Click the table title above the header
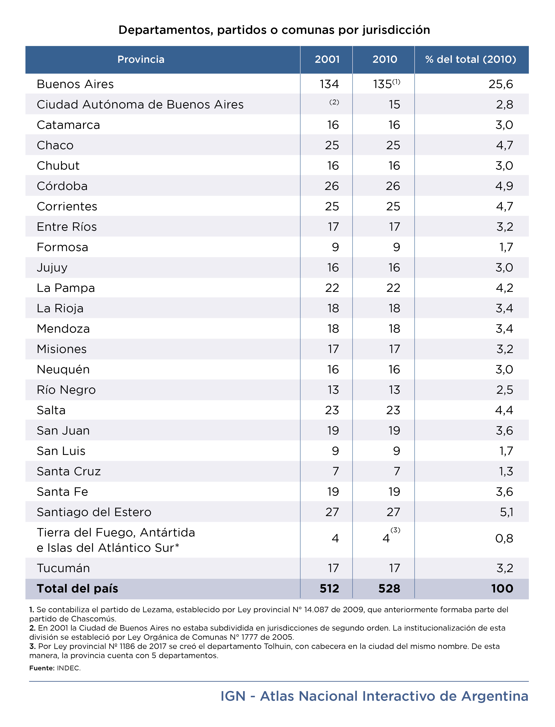click(274, 30)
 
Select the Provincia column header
click(141, 60)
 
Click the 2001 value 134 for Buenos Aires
click(329, 84)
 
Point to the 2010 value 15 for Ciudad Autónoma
click(394, 105)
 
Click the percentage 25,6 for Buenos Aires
click(501, 84)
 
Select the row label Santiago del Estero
click(94, 512)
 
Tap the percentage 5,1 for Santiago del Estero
click(506, 512)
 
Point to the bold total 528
click(390, 588)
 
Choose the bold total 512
click(329, 588)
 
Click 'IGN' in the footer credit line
click(233, 696)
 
